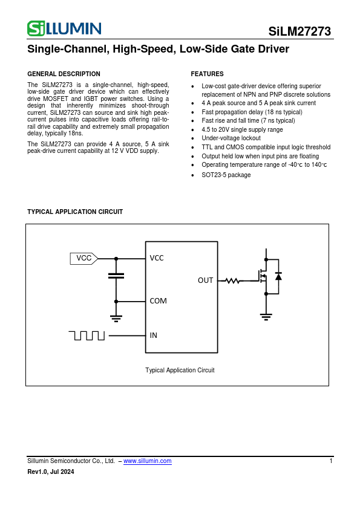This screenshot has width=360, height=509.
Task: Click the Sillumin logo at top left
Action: (64, 28)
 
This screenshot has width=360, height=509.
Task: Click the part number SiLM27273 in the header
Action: (300, 32)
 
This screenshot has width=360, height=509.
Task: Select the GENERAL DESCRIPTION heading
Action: (64, 74)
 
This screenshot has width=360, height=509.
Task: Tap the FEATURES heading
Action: (207, 74)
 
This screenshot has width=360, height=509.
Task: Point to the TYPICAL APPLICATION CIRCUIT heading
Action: (75, 212)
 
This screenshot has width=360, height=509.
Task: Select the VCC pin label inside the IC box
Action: (157, 258)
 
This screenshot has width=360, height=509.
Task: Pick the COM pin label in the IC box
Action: (158, 300)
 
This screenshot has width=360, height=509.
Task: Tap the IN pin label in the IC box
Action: (154, 335)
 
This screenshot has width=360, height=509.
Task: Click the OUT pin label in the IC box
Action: (206, 280)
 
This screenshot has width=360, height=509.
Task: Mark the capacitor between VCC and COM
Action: (116, 276)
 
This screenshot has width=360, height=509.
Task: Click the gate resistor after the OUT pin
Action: (233, 280)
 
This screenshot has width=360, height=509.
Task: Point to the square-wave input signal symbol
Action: (87, 335)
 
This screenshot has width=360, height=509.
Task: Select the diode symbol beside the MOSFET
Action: (278, 276)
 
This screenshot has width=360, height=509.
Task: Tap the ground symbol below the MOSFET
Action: (266, 314)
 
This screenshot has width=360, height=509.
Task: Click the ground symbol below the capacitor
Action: (116, 316)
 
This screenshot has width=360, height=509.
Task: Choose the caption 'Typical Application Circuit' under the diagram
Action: (180, 370)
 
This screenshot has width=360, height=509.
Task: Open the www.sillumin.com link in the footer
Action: (147, 461)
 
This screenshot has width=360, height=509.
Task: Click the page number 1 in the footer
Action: (331, 461)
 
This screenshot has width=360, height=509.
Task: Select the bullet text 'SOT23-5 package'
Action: (226, 175)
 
